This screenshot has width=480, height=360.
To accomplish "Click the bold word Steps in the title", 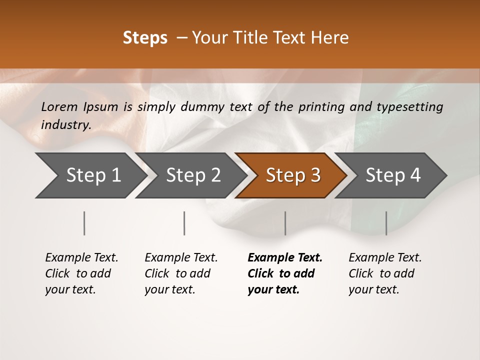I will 145,38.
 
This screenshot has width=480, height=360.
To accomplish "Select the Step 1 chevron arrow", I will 90,175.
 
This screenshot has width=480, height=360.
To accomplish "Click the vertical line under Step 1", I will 84,223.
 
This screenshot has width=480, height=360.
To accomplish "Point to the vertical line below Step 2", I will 184,223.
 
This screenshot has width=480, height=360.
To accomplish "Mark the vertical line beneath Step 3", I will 285,223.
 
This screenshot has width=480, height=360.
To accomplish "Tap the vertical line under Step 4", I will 386,223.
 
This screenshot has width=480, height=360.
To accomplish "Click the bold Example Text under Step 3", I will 285,273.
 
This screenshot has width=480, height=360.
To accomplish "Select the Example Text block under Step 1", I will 81,273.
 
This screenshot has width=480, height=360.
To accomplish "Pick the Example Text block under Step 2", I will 181,273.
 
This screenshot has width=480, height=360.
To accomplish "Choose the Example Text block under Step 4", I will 385,273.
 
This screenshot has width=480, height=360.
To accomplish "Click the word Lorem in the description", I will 59,106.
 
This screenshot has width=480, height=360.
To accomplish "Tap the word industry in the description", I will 66,125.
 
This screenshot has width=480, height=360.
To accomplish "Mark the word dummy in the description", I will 200,106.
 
